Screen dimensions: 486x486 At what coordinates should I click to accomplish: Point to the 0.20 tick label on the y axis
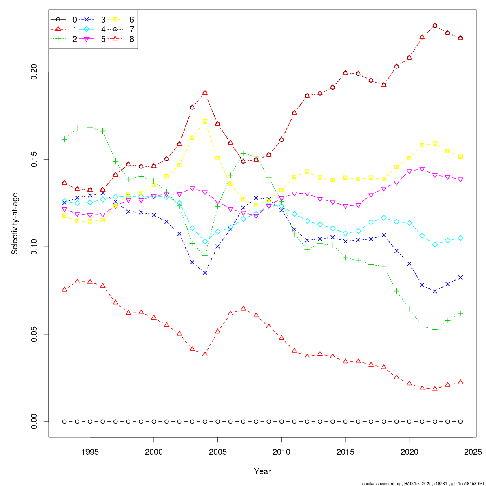tap(34, 72)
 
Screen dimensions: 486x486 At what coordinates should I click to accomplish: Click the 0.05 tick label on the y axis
tap(34, 334)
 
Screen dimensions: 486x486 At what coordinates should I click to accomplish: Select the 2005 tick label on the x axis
tap(217, 452)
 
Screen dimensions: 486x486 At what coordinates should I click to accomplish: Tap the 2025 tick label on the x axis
tap(473, 452)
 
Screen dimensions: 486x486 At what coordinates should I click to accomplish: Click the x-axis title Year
tap(262, 471)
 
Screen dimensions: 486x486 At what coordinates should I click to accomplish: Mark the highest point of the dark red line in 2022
tap(435, 25)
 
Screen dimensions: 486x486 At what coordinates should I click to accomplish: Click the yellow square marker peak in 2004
tap(205, 122)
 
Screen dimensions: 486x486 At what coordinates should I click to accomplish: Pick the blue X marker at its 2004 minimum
tap(205, 273)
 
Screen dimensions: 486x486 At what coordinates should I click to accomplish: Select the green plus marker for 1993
tap(64, 139)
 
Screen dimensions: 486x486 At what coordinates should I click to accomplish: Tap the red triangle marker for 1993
tap(64, 289)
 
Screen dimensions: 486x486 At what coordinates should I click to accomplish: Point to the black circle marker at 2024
tap(460, 422)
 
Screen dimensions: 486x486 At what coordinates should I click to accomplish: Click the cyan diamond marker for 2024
tap(460, 238)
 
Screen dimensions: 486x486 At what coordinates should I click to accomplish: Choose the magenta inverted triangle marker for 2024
tap(460, 180)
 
